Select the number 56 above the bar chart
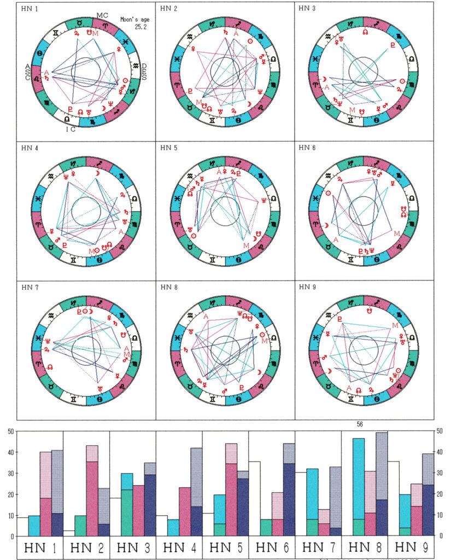[x=360, y=424]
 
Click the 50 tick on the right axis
[x=440, y=431]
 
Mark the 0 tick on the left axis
[x=10, y=535]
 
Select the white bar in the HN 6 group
[x=254, y=498]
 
